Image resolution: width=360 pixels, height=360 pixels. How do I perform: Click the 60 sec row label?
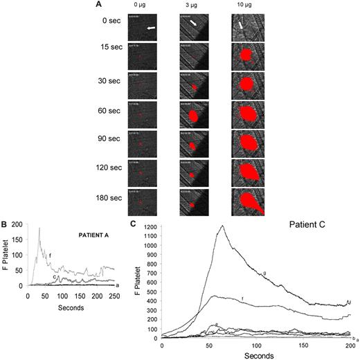[105, 109]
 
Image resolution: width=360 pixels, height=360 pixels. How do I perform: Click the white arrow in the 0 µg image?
[150, 28]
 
